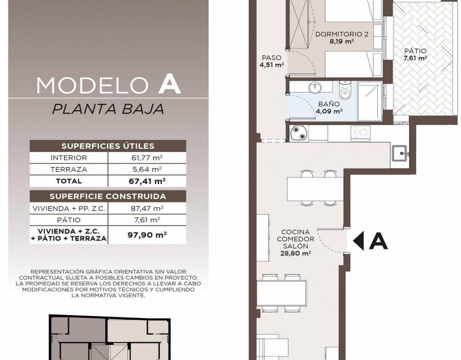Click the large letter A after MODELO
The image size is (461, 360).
(x=169, y=85)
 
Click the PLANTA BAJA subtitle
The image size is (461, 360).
(x=108, y=109)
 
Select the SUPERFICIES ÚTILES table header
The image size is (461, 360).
(x=108, y=146)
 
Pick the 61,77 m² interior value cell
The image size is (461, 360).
(x=147, y=158)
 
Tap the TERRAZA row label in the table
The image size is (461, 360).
(x=69, y=170)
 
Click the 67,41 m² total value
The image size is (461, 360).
(x=147, y=181)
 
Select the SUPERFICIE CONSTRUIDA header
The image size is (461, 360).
(x=108, y=196)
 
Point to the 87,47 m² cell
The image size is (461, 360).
(x=147, y=209)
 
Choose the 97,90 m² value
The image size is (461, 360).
(x=147, y=235)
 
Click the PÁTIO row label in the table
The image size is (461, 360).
(x=69, y=220)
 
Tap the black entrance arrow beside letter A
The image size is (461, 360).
(x=358, y=241)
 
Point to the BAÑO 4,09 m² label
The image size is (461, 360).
(x=329, y=108)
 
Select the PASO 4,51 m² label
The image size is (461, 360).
(x=271, y=61)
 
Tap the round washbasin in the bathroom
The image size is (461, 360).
(x=315, y=87)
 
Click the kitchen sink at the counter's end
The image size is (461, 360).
(x=400, y=153)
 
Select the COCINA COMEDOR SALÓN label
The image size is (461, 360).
(x=295, y=239)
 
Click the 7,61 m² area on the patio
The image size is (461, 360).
(x=415, y=58)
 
